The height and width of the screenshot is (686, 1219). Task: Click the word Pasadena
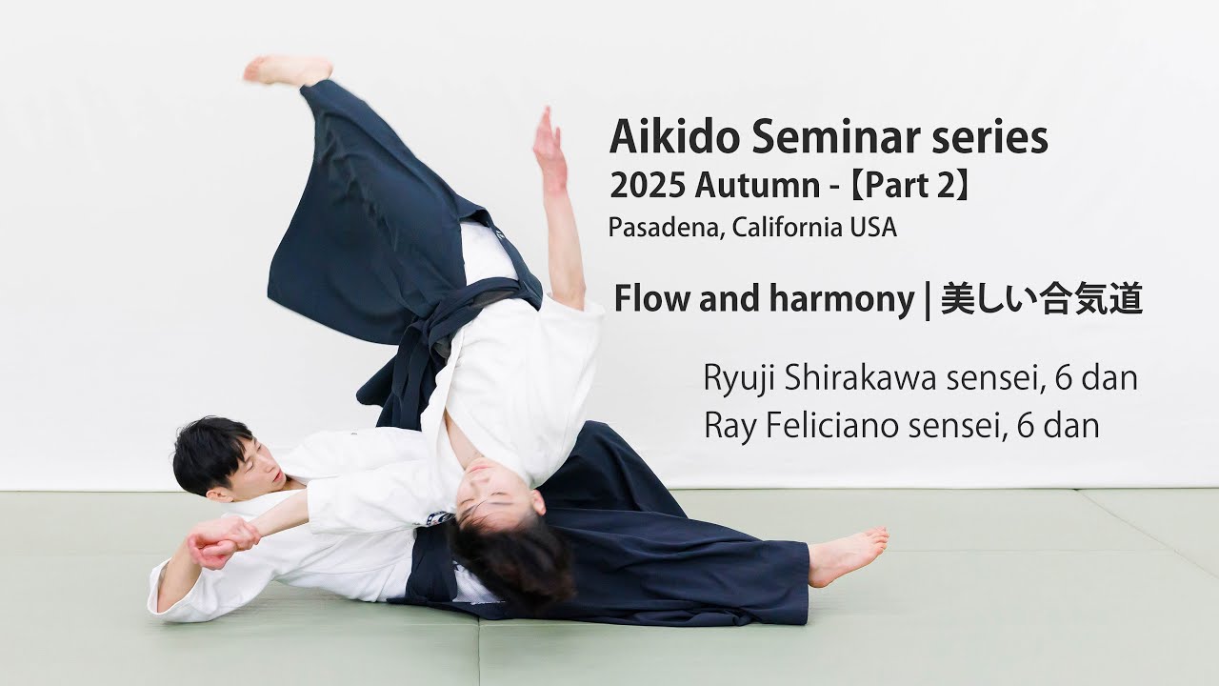[x=663, y=229]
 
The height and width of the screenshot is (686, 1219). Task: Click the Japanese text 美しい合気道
[x=1041, y=300]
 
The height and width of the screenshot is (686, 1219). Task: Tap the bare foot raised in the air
[x=286, y=70]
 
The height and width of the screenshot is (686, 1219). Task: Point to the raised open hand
[x=549, y=143]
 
